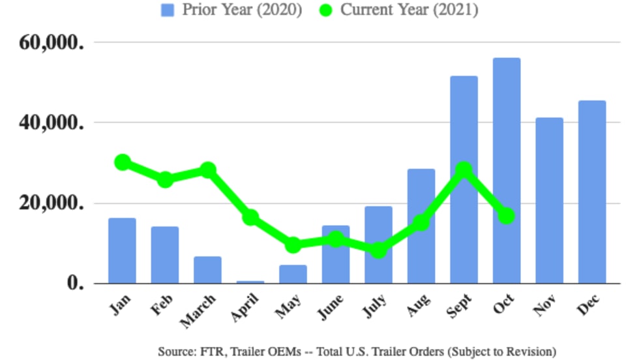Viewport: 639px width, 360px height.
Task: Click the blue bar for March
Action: pos(207,270)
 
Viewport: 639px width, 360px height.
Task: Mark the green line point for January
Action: pos(122,162)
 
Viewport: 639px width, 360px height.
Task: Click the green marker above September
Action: pos(464,170)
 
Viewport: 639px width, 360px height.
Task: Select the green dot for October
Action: pos(507,216)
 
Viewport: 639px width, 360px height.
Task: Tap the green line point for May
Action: pos(293,245)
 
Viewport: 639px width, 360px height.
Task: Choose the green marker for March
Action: pos(207,170)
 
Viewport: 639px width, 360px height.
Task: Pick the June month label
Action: pos(332,307)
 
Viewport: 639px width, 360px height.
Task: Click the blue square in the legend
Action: pos(168,10)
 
